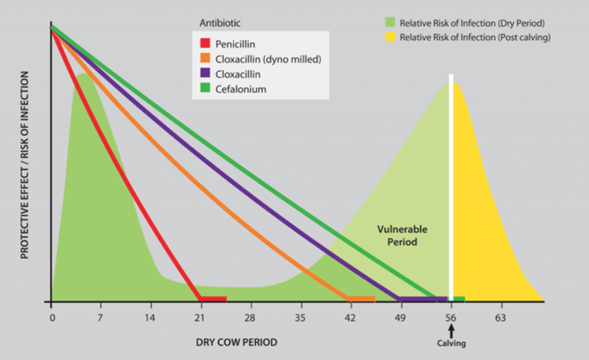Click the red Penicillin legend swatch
click(205, 44)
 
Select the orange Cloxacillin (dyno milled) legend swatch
click(205, 59)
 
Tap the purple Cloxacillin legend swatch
click(205, 74)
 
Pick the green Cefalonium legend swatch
click(205, 89)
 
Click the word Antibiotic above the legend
click(220, 24)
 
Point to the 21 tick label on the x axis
click(200, 317)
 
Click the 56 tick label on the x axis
click(451, 317)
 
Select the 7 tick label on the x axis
click(100, 317)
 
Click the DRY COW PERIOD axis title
click(236, 343)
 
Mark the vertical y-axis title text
click(25, 164)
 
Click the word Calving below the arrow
click(452, 344)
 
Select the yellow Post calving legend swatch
click(391, 37)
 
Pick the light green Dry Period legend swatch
click(391, 23)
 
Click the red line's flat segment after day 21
click(213, 299)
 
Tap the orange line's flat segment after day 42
click(362, 299)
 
